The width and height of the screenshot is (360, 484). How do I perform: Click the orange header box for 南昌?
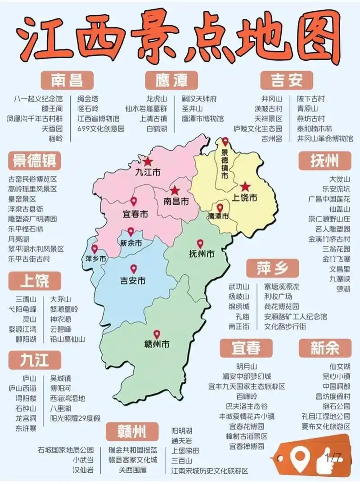pos(66,81)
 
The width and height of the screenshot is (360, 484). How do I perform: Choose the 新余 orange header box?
pos(324,348)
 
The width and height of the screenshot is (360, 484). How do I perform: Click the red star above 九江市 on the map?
pos(148,161)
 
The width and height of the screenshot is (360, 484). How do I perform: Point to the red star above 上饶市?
pos(245,187)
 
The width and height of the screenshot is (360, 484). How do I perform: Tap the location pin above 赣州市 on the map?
pos(157,335)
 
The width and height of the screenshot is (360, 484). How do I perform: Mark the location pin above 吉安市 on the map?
pos(133,269)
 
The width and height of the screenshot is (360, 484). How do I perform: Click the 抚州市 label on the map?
pos(202,254)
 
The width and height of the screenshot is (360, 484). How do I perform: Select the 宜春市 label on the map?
pos(135,213)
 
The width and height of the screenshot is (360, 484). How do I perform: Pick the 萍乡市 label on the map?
pos(96,259)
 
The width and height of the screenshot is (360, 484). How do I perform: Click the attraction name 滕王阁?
pos(52,108)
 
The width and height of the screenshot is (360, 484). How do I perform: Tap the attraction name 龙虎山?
pos(156,99)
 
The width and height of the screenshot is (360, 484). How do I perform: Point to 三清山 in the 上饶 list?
pos(26,299)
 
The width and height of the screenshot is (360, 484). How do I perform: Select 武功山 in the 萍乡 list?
pos(238,287)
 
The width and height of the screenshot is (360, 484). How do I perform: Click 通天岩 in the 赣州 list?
pos(182,440)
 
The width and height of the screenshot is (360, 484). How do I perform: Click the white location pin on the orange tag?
pos(298,458)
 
